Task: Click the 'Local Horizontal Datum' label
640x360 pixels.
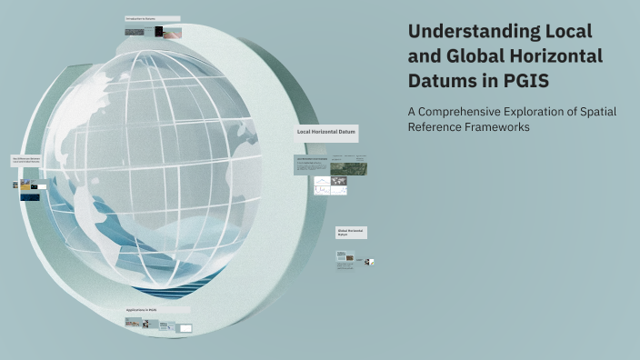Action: (326, 133)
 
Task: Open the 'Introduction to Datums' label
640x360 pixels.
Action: (152, 18)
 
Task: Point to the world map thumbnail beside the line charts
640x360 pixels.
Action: (339, 186)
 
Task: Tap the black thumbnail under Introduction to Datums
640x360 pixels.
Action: (159, 32)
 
